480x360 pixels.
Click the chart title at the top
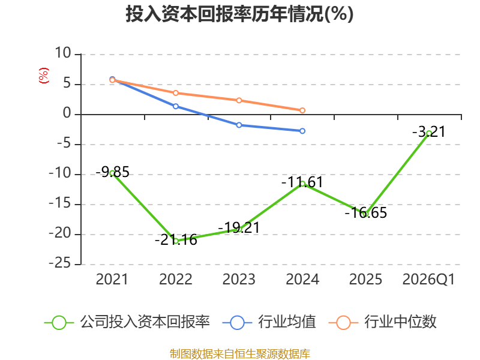click(x=239, y=14)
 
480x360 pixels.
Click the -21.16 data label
click(x=176, y=240)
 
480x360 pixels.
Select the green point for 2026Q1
click(x=429, y=133)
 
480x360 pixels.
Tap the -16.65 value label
click(x=366, y=213)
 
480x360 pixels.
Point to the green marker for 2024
click(x=302, y=184)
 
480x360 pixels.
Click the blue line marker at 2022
click(x=176, y=106)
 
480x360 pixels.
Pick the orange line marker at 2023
click(x=239, y=100)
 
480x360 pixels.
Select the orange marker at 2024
click(x=302, y=110)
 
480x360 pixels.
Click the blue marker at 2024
click(x=302, y=131)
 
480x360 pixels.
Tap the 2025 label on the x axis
click(x=365, y=280)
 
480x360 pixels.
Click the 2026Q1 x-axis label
click(x=428, y=280)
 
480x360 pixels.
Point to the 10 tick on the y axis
click(x=63, y=53)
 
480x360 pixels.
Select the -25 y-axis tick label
click(x=60, y=263)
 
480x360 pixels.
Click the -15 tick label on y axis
click(x=60, y=203)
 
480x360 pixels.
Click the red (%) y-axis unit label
click(x=43, y=76)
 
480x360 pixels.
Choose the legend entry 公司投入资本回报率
click(x=127, y=322)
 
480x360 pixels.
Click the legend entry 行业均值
click(x=269, y=322)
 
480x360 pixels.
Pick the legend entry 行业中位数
click(x=383, y=322)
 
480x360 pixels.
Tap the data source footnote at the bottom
click(x=240, y=354)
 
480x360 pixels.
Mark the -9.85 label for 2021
click(x=113, y=172)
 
